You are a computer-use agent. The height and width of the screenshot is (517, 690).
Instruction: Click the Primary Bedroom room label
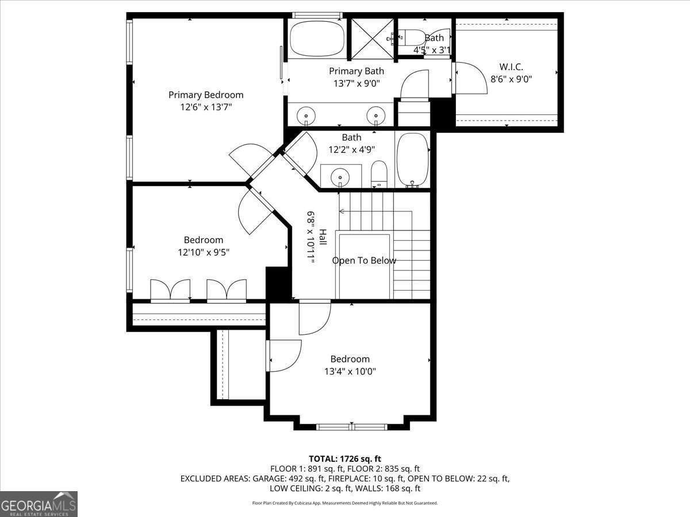tap(206, 95)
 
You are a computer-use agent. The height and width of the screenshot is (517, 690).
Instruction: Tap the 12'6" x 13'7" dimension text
tap(206, 107)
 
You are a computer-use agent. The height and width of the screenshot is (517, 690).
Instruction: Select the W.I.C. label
tap(511, 67)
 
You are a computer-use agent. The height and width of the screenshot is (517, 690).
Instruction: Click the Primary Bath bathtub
tap(317, 38)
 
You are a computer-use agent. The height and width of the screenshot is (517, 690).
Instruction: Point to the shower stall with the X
tap(372, 38)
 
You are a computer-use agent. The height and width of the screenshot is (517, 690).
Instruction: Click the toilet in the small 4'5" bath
tap(409, 38)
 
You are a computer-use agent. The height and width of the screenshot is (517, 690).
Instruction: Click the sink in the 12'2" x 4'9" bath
tap(340, 176)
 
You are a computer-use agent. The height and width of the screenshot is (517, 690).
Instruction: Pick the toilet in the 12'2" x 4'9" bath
tap(379, 174)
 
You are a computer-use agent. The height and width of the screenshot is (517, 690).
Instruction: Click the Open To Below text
tap(364, 261)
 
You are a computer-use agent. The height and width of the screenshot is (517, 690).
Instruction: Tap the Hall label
tap(323, 237)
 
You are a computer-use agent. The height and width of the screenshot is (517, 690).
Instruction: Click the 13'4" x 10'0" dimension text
tap(350, 372)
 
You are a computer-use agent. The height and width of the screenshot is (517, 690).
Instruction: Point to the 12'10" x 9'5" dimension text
tap(204, 252)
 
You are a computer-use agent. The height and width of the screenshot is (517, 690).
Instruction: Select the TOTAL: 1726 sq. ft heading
tap(345, 459)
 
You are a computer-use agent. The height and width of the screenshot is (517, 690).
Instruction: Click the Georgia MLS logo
tap(39, 504)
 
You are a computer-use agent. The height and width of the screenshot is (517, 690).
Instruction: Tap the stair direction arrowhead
tap(342, 211)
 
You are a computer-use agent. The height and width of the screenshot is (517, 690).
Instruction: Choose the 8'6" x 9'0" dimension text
tap(511, 79)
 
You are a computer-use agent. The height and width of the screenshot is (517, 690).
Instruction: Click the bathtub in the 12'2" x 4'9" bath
tap(413, 160)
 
